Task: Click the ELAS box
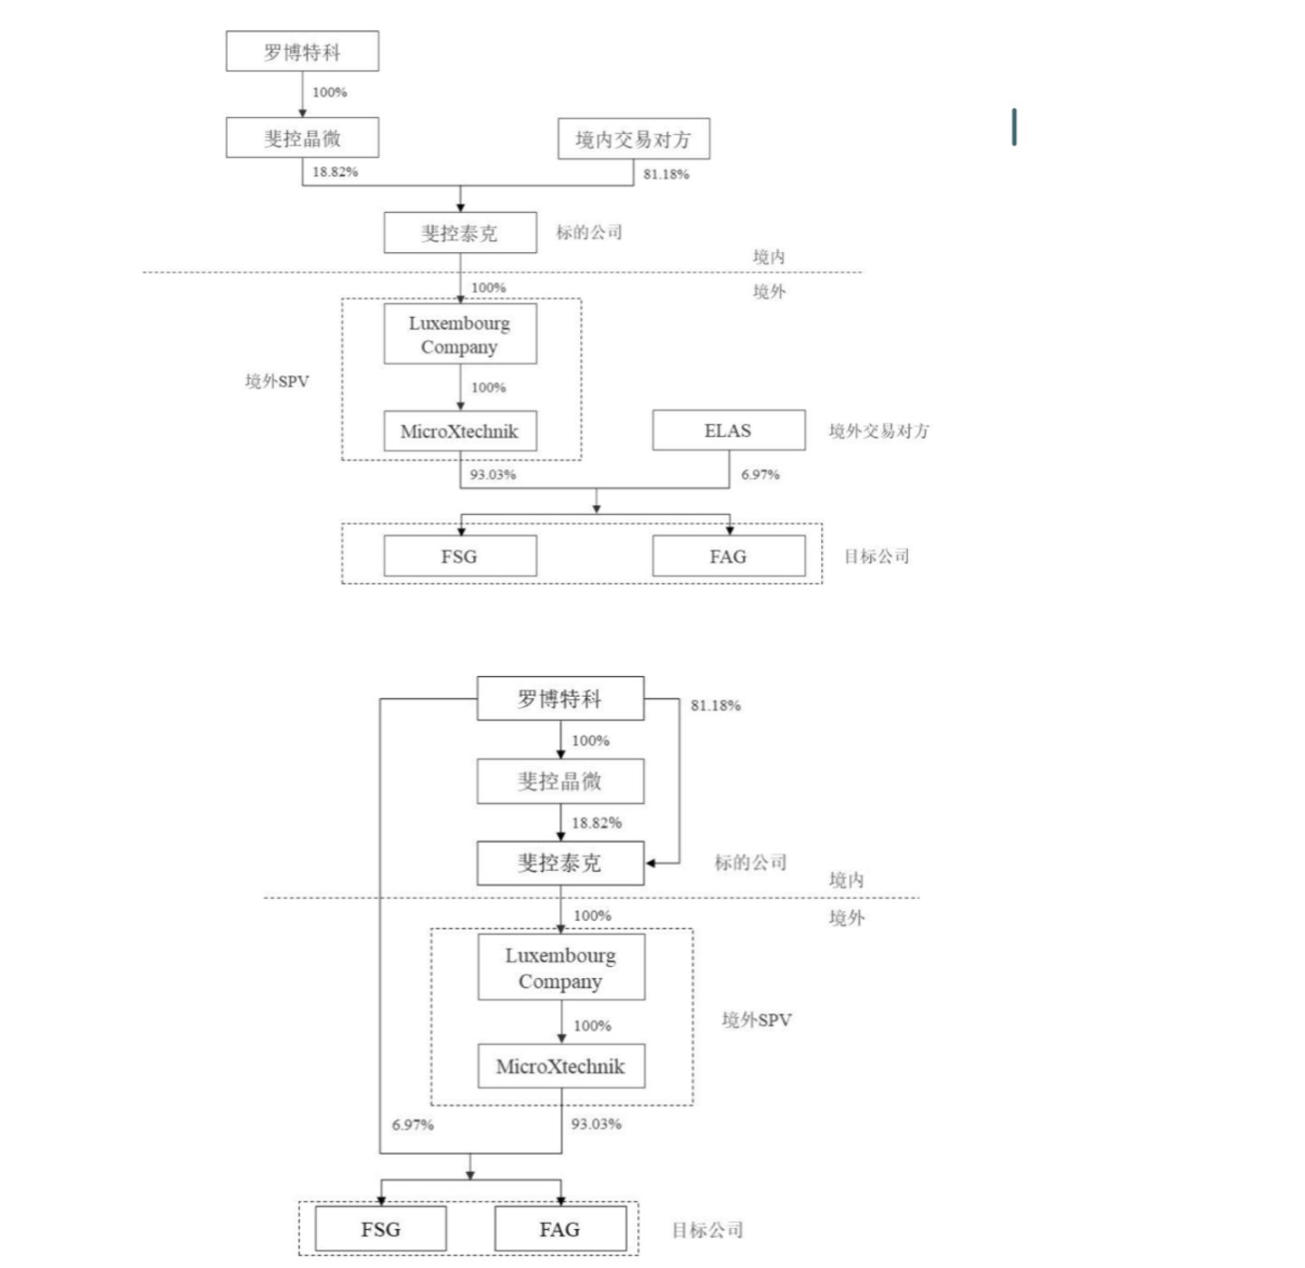click(729, 431)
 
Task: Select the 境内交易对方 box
click(633, 139)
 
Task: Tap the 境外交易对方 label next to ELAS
click(879, 431)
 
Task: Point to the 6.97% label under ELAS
click(759, 474)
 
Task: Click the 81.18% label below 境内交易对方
click(666, 174)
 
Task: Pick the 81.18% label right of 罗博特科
click(715, 705)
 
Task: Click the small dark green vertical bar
click(1014, 127)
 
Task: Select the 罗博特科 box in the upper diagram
click(302, 52)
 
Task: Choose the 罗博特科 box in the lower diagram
click(560, 699)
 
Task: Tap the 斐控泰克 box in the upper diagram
click(459, 233)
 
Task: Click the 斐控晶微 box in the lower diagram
click(560, 781)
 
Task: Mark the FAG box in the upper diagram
click(729, 557)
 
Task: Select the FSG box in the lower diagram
click(381, 1229)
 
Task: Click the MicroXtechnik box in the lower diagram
click(561, 1066)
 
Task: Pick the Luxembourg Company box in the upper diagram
click(459, 334)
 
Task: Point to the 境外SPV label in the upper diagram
click(276, 382)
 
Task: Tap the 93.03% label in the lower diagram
click(596, 1124)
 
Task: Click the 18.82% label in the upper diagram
click(335, 171)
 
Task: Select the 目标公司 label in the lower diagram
click(708, 1230)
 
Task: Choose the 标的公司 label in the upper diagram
click(589, 232)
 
